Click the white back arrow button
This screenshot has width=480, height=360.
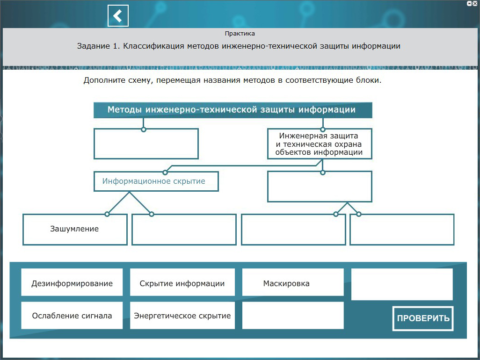(118, 16)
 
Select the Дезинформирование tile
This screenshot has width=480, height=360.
(72, 283)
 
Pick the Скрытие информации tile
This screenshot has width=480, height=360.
(182, 283)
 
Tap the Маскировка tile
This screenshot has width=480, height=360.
(292, 283)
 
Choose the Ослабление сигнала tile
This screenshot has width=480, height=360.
(72, 316)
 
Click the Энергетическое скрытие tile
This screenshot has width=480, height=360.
(182, 316)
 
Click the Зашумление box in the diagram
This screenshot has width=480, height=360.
(75, 229)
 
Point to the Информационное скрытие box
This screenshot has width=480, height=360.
(156, 181)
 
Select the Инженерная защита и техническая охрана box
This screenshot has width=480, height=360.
(320, 144)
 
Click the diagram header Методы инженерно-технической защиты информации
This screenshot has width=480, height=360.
(233, 110)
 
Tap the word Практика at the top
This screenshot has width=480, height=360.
(240, 34)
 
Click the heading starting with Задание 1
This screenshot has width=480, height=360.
(239, 47)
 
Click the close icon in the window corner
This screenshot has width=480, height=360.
(475, 3)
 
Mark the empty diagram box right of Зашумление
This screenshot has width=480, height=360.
(184, 229)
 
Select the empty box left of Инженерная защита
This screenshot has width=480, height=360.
(146, 144)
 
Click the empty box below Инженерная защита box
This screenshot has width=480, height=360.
(320, 186)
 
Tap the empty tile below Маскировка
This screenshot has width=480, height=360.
(292, 316)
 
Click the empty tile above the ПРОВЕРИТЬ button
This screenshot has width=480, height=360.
(402, 284)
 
